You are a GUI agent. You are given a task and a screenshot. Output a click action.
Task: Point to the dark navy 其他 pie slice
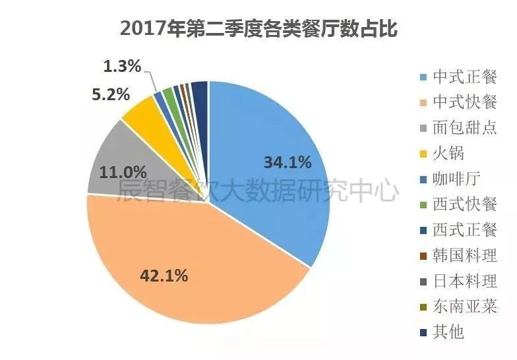[200, 92]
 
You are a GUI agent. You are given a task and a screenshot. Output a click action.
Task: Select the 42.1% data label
[164, 275]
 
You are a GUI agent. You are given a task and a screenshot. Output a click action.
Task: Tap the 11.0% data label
[123, 173]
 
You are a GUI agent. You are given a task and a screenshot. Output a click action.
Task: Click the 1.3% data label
[123, 66]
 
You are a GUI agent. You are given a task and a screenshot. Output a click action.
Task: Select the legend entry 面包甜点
[465, 128]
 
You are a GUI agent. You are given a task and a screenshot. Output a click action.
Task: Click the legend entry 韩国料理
[465, 255]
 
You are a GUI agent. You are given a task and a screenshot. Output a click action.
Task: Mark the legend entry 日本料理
[465, 281]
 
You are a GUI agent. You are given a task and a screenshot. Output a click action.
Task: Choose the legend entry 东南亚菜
[465, 306]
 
